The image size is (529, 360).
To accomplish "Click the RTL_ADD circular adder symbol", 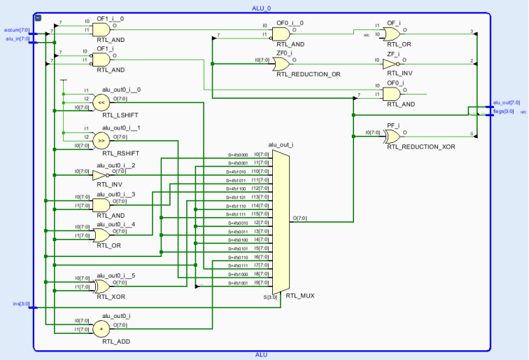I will (102, 326).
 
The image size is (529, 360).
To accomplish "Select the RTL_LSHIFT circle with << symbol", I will (101, 102).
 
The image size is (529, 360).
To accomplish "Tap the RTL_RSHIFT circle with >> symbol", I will (101, 140).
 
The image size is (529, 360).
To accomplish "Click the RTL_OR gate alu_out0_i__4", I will (101, 234).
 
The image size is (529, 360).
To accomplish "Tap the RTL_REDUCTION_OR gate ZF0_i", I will (283, 64).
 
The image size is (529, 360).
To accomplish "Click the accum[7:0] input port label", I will (16, 30).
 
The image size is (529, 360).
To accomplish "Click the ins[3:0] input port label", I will (21, 304).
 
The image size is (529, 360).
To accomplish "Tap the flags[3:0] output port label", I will (503, 111).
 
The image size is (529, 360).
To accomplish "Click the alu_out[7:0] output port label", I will (506, 102).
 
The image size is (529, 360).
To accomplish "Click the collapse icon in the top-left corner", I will (38, 18).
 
